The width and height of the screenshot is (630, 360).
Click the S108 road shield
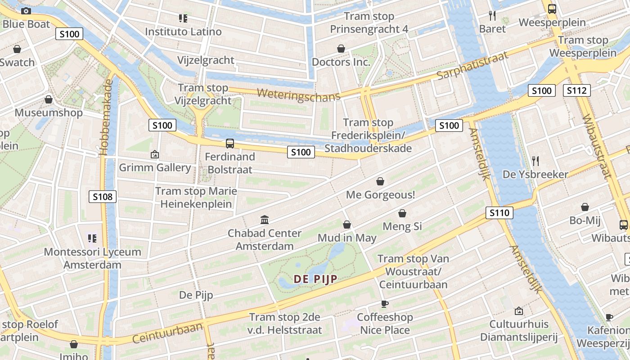pyautogui.click(x=103, y=196)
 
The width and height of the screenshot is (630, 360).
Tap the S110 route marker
pyautogui.click(x=499, y=213)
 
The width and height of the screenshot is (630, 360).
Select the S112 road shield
pyautogui.click(x=576, y=90)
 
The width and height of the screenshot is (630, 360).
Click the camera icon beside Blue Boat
pyautogui.click(x=26, y=11)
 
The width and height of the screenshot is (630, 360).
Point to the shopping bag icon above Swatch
pyautogui.click(x=17, y=49)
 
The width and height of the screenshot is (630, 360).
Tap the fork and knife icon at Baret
pyautogui.click(x=492, y=16)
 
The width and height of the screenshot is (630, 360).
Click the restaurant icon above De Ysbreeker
pyautogui.click(x=535, y=161)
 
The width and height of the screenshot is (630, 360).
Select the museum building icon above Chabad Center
pyautogui.click(x=265, y=220)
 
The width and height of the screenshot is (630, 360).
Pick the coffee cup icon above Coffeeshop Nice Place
pyautogui.click(x=385, y=304)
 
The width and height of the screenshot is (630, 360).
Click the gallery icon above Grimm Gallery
pyautogui.click(x=155, y=154)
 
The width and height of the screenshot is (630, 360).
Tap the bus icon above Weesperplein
pyautogui.click(x=552, y=9)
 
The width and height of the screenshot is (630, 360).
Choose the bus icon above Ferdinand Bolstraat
pyautogui.click(x=230, y=144)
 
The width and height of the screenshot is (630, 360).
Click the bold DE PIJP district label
pyautogui.click(x=315, y=279)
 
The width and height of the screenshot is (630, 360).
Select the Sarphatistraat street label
pyautogui.click(x=472, y=65)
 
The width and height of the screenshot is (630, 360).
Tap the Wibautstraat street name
pyautogui.click(x=597, y=146)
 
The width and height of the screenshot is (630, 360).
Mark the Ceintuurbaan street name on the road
pyautogui.click(x=167, y=333)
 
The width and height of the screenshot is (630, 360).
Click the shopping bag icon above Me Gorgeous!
pyautogui.click(x=380, y=181)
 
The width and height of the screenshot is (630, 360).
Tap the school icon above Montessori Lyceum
pyautogui.click(x=92, y=238)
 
